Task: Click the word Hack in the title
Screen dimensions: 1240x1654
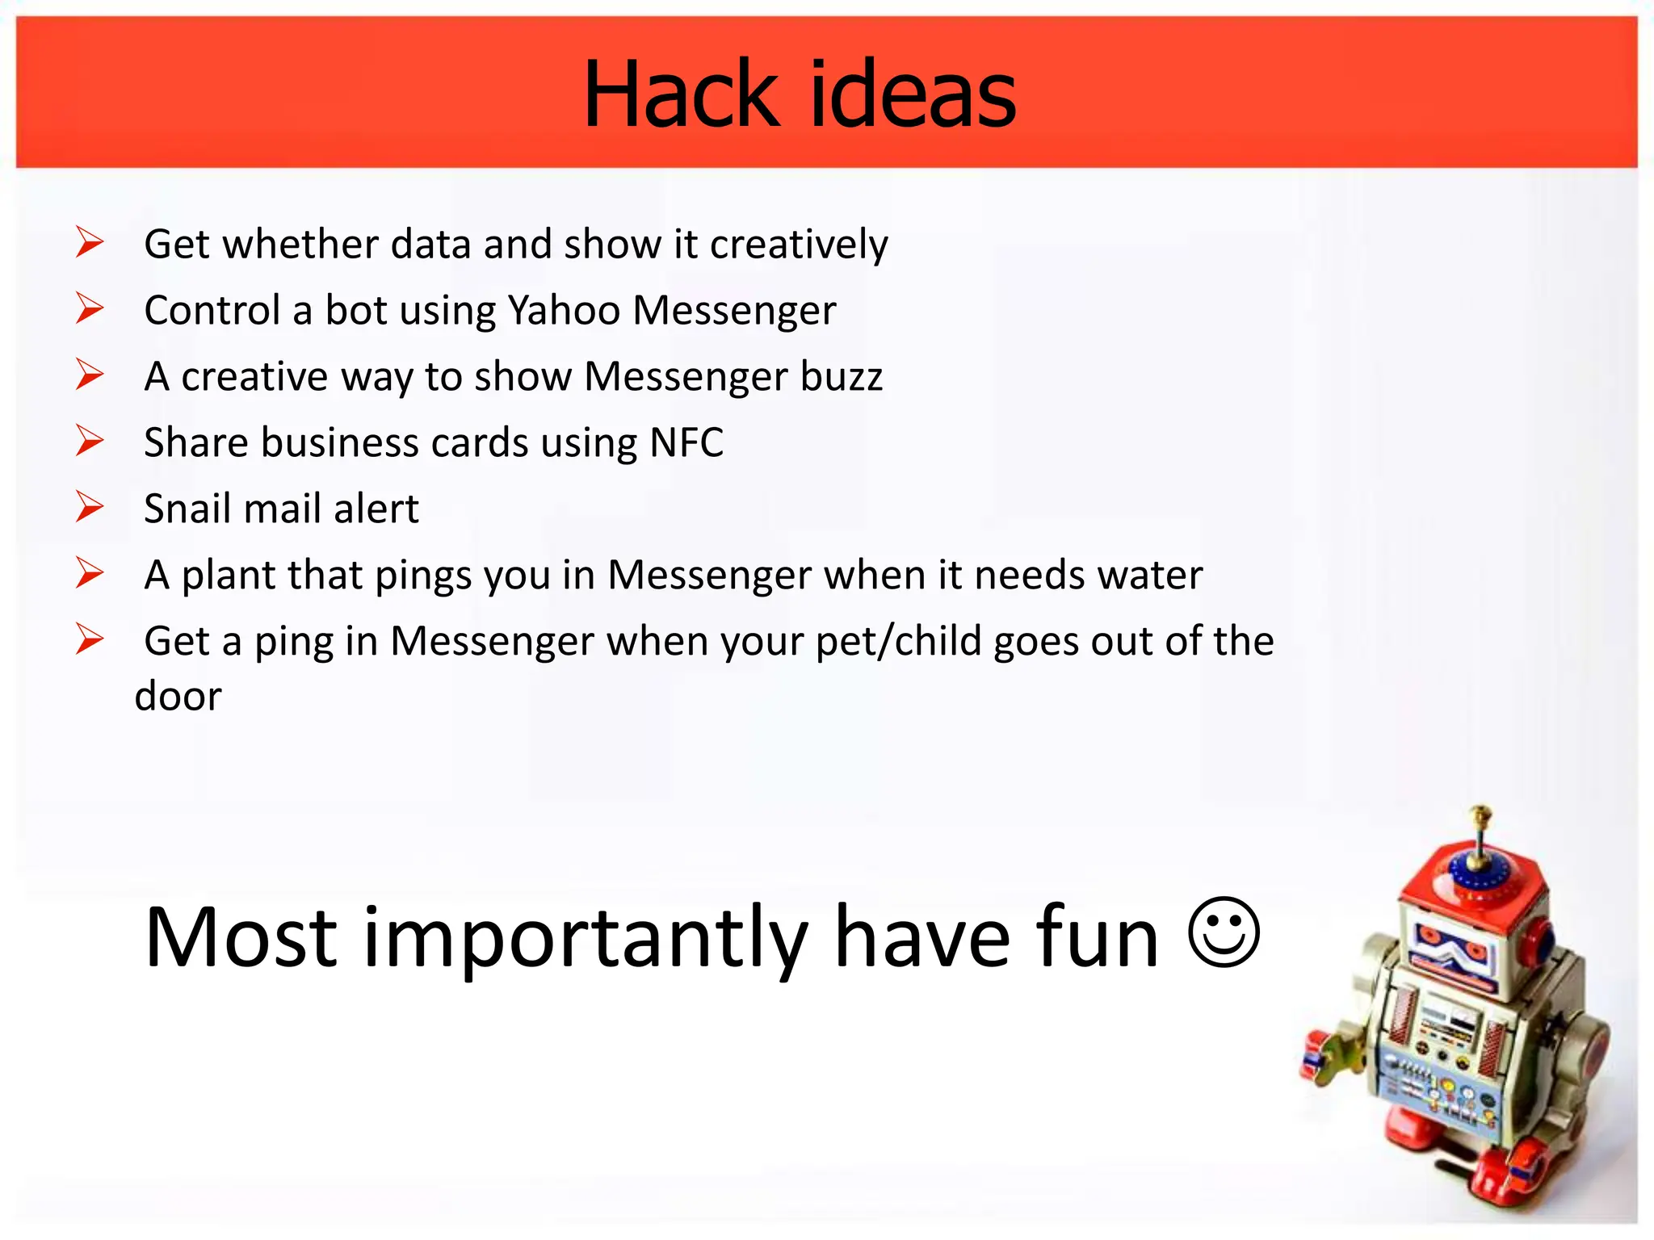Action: [681, 95]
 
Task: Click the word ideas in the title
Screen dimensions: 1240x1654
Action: [912, 95]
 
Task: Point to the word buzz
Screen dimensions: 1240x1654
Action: [841, 376]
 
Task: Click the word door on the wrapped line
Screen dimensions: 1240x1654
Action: [178, 696]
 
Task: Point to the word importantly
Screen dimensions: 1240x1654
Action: [586, 938]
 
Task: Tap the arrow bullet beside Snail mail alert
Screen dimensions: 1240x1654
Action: [90, 507]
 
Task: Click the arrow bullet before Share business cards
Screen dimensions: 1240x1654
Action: [90, 441]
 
